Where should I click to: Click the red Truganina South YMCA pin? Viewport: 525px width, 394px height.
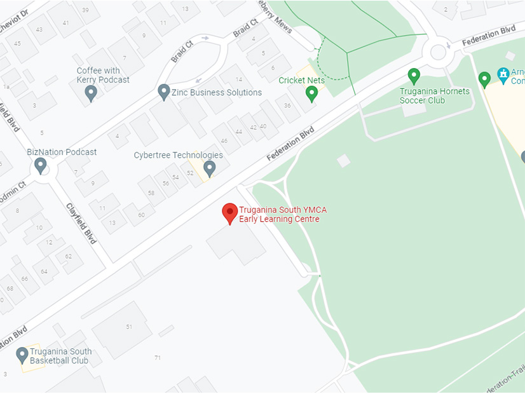pos(230,213)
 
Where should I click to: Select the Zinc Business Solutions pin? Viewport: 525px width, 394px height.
pos(164,92)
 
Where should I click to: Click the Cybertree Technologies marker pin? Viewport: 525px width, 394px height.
pos(209,168)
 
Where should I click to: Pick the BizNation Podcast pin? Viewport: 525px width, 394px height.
pos(41,165)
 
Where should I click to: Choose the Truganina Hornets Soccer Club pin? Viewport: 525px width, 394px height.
pos(414,76)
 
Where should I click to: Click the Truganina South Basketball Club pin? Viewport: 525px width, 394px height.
pos(22,355)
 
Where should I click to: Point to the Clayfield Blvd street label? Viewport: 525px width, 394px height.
pos(81,224)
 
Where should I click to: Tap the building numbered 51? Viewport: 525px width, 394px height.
pos(129,327)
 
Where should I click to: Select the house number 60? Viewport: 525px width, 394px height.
pos(141,215)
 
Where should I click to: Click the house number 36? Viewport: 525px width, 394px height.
pos(287,105)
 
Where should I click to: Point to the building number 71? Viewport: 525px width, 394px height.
pos(157,358)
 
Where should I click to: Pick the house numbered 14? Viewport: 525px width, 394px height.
pos(239,79)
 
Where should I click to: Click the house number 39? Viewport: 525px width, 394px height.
pos(85,11)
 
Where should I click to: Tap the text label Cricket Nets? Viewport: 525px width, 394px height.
pos(302,80)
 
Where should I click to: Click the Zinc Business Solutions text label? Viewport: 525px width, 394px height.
pos(217,92)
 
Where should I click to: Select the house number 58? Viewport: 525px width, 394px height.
pos(151,193)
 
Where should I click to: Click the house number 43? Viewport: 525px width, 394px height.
pos(39,29)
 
